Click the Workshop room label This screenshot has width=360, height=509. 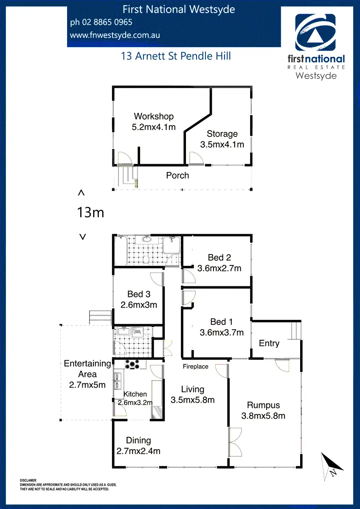154,116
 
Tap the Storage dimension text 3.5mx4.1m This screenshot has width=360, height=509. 222,144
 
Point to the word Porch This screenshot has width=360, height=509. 177,175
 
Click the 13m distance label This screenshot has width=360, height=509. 90,213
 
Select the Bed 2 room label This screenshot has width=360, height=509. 219,257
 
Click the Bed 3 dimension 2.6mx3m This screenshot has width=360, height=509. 139,305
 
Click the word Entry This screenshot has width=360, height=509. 269,343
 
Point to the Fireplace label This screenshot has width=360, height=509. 195,366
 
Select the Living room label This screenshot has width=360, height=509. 192,389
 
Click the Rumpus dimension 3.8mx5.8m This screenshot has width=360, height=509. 263,416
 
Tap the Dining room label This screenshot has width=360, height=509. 138,441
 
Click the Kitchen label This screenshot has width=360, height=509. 135,394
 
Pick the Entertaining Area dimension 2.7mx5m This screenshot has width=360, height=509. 87,385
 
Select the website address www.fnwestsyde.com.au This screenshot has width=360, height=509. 115,36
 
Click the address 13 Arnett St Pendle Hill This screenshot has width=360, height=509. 176,56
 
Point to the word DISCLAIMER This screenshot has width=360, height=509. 28,480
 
